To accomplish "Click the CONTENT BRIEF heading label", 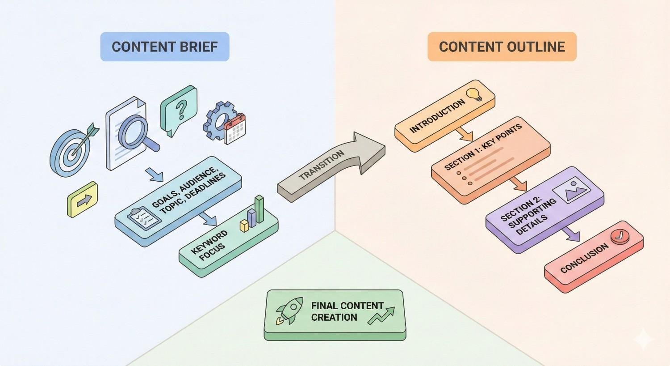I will pyautogui.click(x=164, y=47).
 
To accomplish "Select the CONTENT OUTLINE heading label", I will pyautogui.click(x=502, y=47).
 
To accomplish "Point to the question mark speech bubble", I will pyautogui.click(x=179, y=109).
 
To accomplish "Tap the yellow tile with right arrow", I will pyautogui.click(x=83, y=200).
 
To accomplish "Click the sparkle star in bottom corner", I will pyautogui.click(x=644, y=340).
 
